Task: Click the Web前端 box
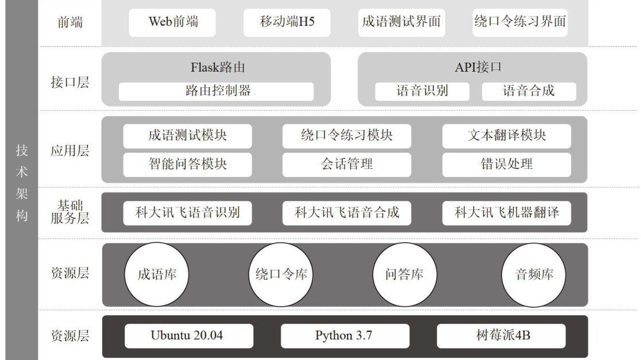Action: tap(172, 22)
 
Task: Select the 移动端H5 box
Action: tap(287, 22)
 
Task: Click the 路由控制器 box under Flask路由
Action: tap(217, 91)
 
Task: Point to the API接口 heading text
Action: tap(478, 67)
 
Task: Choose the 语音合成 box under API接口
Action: tap(528, 91)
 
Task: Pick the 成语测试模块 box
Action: tap(187, 136)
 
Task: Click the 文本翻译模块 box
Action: tap(507, 136)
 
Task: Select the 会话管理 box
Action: tap(347, 164)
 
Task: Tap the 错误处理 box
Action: tap(507, 164)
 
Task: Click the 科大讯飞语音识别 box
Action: tap(187, 213)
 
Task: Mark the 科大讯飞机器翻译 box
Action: tap(507, 213)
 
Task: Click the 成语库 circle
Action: tap(157, 274)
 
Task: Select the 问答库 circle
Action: tap(404, 274)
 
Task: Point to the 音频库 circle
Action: tap(534, 274)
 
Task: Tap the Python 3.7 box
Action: tap(345, 336)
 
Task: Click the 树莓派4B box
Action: tap(501, 336)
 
